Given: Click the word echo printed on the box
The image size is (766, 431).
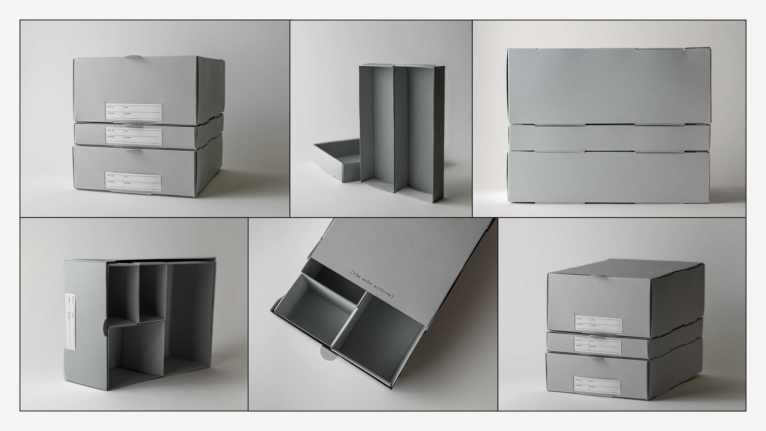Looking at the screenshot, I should coord(367,282).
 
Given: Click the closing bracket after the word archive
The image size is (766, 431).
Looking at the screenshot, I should coord(393,296).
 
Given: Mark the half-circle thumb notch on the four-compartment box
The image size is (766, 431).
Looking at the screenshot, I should coord(105,327).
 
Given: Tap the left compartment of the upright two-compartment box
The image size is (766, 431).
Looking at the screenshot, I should coord(377,128).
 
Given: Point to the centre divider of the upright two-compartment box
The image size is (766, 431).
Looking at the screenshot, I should coord(395,128).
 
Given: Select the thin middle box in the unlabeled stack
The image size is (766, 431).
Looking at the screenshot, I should coord(609,138).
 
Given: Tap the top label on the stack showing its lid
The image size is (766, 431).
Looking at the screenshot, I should coord(598,324).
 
